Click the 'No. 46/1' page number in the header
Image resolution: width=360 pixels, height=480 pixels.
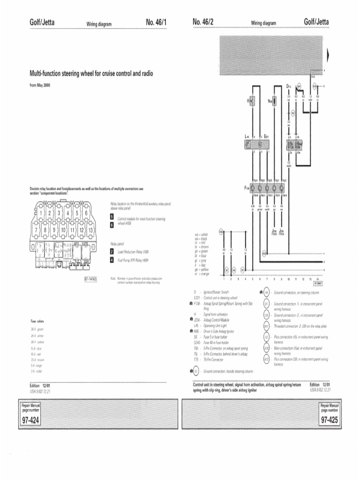(157, 22)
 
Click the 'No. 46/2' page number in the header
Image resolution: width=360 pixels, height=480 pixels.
(203, 22)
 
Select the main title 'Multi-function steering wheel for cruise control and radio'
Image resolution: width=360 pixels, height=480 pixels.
(91, 74)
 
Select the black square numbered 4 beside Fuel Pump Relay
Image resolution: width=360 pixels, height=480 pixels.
(112, 260)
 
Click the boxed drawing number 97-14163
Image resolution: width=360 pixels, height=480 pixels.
(90, 279)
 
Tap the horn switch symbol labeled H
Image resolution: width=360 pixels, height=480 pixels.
(252, 101)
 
